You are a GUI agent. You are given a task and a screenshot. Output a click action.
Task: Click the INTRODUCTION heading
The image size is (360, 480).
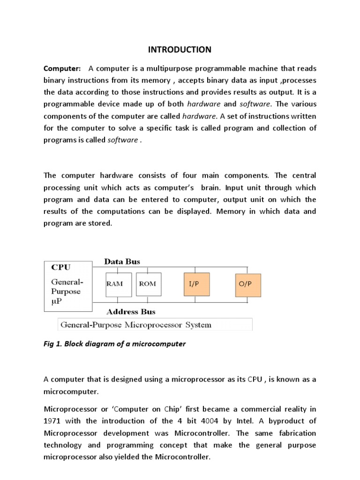tap(180, 49)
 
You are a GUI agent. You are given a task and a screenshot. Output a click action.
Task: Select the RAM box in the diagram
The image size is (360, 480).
tap(118, 284)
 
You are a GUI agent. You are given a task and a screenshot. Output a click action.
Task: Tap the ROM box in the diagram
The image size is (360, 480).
tap(148, 284)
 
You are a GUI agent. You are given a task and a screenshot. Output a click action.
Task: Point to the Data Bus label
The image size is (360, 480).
tap(122, 262)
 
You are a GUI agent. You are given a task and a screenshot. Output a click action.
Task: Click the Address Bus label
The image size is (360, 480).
tap(131, 311)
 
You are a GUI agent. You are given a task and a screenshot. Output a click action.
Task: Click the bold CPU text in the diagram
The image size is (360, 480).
tap(61, 268)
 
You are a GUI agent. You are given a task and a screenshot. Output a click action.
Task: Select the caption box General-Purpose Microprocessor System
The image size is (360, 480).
tap(154, 325)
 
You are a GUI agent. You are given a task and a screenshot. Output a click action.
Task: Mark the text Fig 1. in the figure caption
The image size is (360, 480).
tap(53, 344)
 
